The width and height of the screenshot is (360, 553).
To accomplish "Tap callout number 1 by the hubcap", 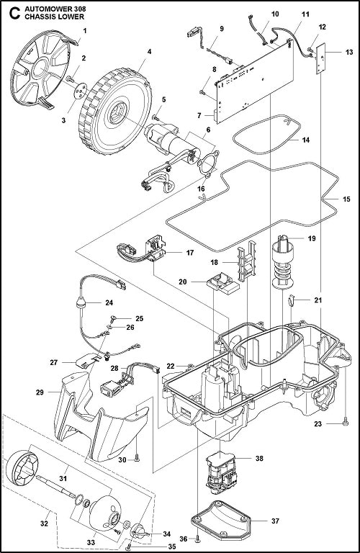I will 84,31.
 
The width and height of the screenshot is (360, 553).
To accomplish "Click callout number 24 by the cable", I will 109,303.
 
